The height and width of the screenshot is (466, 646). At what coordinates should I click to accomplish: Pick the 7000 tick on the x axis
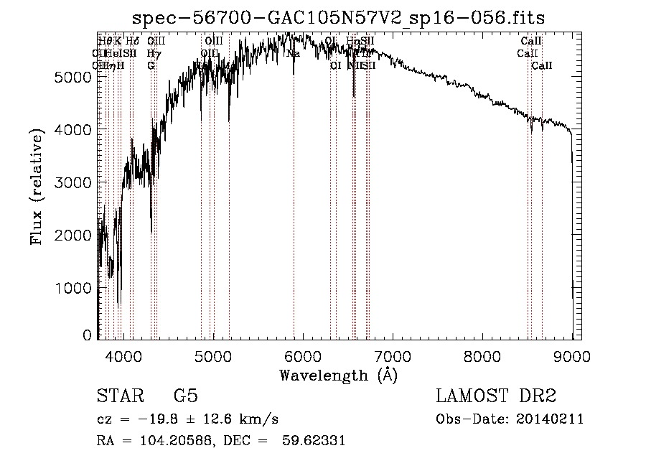(393, 355)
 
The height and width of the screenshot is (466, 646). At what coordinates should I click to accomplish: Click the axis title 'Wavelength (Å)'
(338, 375)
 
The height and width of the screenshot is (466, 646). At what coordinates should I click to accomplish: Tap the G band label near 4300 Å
(151, 66)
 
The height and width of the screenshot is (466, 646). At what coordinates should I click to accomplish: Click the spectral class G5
(185, 396)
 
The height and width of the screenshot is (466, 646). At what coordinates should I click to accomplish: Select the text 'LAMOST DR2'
(496, 396)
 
